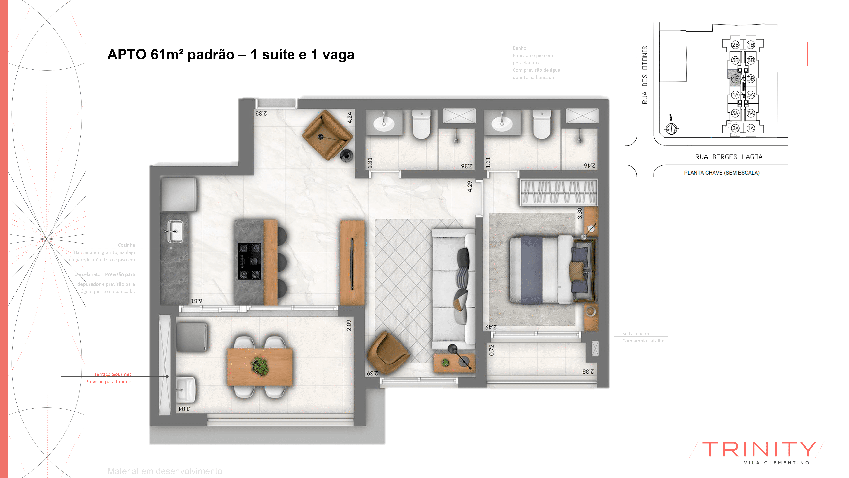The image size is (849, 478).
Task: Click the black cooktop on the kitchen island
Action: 249,261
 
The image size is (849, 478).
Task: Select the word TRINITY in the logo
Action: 759,449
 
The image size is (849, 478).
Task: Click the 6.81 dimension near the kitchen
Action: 196,301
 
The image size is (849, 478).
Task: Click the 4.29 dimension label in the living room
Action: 470,186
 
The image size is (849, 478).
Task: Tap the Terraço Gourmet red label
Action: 112,374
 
